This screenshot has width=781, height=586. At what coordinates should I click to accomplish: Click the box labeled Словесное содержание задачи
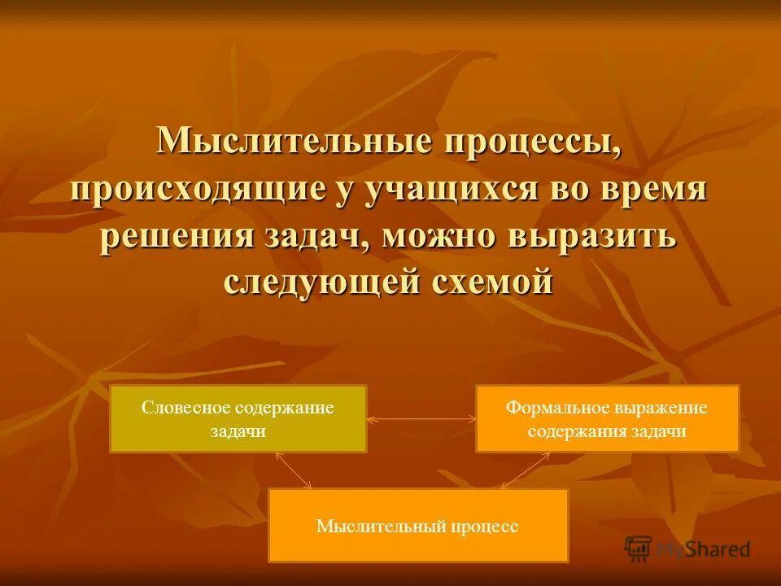(238, 419)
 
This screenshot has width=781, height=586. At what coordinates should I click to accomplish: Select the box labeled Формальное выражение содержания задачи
(607, 419)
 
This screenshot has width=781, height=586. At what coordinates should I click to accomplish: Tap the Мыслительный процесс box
(418, 526)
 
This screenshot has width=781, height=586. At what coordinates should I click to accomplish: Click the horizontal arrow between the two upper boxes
(421, 419)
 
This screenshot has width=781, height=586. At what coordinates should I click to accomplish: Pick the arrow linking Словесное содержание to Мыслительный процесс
(294, 470)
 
